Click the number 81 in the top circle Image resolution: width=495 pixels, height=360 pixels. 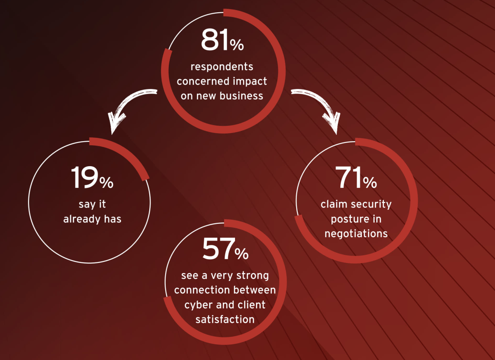pos(215,40)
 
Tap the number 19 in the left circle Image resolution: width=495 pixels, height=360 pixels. pos(84,178)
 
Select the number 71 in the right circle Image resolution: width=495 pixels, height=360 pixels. pos(348,178)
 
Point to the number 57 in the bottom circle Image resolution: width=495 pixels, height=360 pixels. pos(218,249)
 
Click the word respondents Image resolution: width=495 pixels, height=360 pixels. pos(222,67)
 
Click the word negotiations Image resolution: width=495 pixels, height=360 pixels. pos(356,234)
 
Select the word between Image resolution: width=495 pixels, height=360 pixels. pos(255,290)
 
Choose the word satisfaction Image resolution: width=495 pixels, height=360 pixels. pos(225,320)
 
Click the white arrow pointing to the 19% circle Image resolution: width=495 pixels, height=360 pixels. pos(126,106)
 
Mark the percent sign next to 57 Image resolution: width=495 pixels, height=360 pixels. pos(241,254)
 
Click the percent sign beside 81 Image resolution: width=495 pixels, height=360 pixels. pos(237,45)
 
